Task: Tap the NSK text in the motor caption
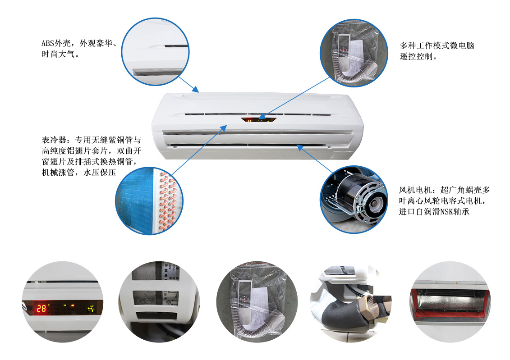coord(446,212)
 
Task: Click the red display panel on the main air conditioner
coord(258,119)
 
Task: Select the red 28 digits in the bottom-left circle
coord(41,308)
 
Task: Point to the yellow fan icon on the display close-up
coord(91,308)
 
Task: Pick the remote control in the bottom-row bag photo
coord(244,293)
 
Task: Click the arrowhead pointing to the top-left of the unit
coord(196,89)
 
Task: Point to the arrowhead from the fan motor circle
coord(299,147)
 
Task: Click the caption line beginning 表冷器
coord(92,140)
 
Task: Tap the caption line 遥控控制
coord(418,56)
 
